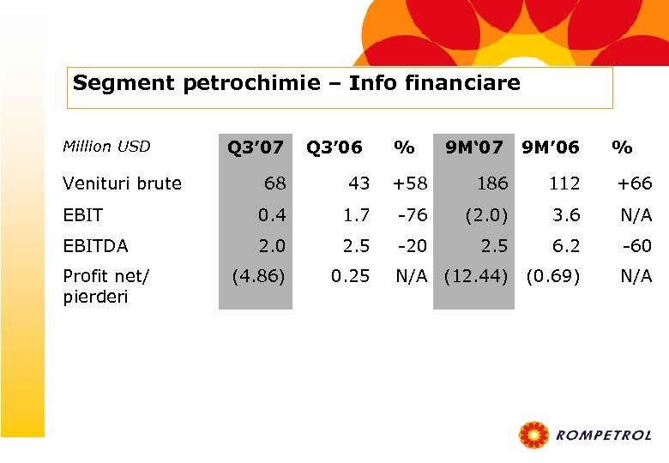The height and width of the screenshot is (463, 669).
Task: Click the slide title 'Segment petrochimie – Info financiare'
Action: [297, 83]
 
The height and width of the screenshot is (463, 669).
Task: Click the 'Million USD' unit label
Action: [106, 147]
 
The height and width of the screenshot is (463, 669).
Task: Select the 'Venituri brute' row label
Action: [123, 183]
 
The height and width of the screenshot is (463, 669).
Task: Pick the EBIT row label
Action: [83, 215]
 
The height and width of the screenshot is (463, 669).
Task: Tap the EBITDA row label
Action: [95, 246]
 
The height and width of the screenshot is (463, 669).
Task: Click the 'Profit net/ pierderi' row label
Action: [106, 286]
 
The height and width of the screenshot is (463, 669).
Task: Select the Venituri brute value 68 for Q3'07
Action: [275, 183]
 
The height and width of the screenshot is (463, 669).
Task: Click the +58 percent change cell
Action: [409, 183]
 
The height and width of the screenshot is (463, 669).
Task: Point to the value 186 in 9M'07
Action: [492, 183]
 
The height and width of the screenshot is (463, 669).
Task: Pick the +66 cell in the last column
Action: [635, 183]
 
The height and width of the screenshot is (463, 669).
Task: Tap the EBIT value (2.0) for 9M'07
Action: [486, 215]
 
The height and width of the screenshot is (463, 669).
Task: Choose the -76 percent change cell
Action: [412, 215]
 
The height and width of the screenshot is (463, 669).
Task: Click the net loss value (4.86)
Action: [258, 277]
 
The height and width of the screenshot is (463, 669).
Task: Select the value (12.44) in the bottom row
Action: [476, 277]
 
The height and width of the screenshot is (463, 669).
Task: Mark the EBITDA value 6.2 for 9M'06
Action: [566, 246]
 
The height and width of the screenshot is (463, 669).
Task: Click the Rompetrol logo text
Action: [603, 436]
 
